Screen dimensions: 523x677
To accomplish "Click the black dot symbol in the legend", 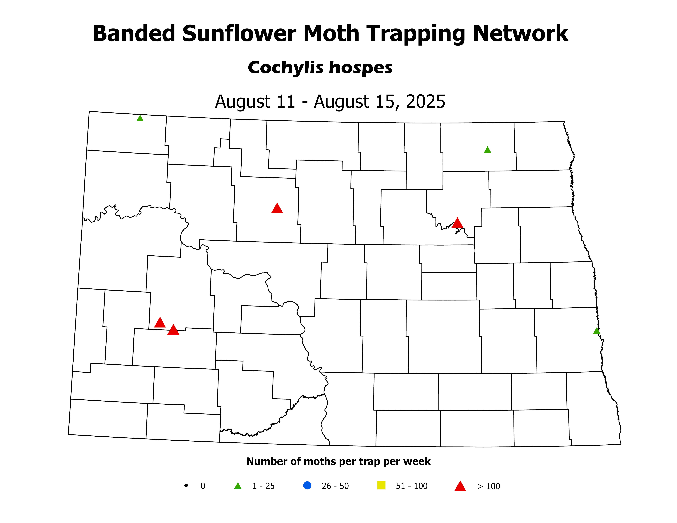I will point(186,485).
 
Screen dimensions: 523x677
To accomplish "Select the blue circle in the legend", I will point(307,485).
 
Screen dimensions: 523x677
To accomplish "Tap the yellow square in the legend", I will point(381,485).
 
